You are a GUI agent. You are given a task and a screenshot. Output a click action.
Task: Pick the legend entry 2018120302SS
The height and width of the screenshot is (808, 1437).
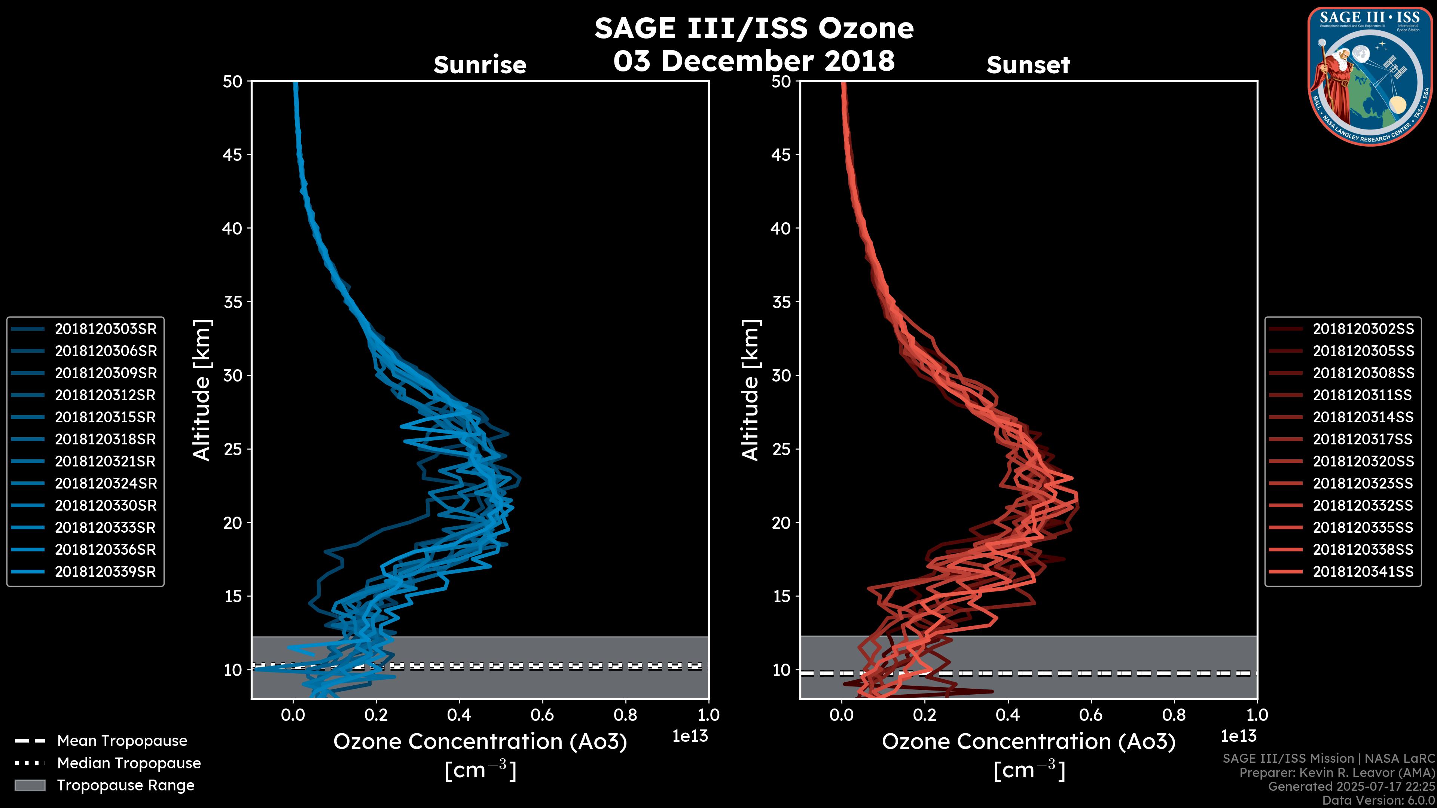(1363, 329)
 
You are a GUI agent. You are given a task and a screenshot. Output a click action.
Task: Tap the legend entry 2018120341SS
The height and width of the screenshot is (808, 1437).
(1363, 572)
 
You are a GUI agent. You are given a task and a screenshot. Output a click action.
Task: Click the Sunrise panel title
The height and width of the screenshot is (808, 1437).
(480, 65)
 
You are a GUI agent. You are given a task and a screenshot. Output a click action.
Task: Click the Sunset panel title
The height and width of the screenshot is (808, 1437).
(1028, 65)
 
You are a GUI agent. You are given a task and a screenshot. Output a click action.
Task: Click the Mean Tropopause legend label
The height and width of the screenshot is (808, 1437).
(122, 741)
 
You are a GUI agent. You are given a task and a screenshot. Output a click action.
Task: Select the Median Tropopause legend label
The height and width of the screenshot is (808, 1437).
(129, 763)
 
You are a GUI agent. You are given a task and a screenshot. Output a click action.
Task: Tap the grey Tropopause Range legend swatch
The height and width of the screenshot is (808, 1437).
(30, 785)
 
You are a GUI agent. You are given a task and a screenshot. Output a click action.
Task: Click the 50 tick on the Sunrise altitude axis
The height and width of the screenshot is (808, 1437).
(233, 82)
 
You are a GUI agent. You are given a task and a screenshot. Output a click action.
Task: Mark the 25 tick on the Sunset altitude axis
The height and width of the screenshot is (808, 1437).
(781, 449)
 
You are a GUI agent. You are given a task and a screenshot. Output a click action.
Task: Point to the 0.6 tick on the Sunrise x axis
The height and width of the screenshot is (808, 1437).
(542, 715)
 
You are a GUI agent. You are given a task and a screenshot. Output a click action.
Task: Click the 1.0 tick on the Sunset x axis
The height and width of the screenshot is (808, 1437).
(1257, 715)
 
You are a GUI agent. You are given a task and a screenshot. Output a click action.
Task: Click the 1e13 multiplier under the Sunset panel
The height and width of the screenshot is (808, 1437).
(1238, 737)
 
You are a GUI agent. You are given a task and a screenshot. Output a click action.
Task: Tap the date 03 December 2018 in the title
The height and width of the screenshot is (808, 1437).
(754, 61)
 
